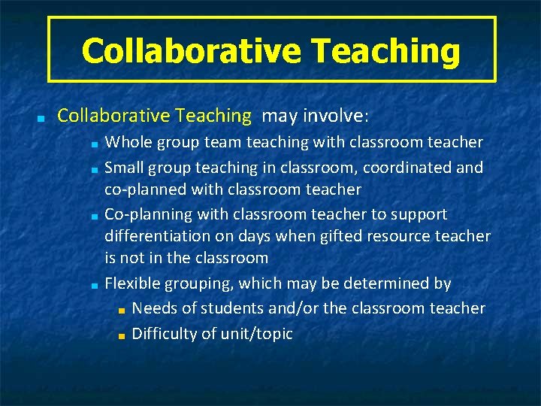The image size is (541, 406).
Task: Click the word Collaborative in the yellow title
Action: (x=189, y=51)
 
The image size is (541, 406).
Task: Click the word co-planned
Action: (x=146, y=189)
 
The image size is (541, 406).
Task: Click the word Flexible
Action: (x=131, y=283)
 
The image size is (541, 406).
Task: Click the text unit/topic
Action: (x=258, y=334)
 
